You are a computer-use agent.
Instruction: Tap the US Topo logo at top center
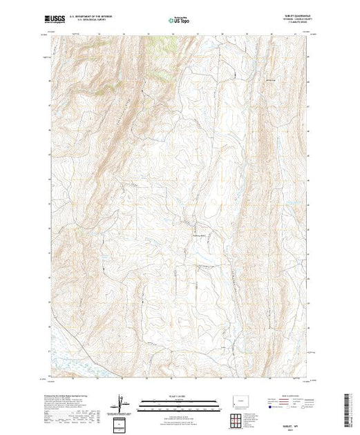coord(180,21)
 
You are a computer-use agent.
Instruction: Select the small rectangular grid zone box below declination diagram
coord(121,422)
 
